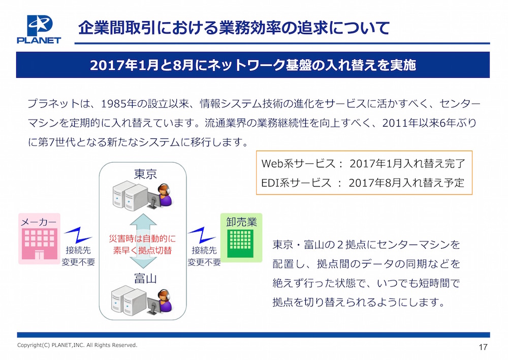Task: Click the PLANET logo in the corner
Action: click(x=39, y=29)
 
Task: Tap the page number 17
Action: click(x=483, y=347)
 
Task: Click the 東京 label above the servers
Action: click(x=145, y=174)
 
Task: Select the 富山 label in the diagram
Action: click(x=145, y=279)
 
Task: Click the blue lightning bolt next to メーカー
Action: click(x=78, y=235)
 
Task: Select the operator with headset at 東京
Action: click(x=165, y=196)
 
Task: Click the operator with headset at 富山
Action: click(x=165, y=301)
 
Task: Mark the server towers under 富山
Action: click(x=129, y=300)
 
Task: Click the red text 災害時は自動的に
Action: click(x=142, y=239)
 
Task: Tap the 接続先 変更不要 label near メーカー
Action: click(x=78, y=256)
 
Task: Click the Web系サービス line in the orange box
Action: click(x=363, y=163)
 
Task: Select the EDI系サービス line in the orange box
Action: click(x=363, y=183)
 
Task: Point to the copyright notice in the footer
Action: click(x=77, y=345)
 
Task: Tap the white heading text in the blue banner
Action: click(x=252, y=65)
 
